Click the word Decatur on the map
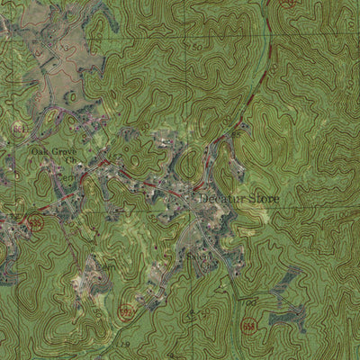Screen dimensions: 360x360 pyautogui.click(x=221, y=198)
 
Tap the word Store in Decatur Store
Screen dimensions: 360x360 pyautogui.click(x=264, y=198)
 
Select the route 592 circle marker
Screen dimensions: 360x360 pyautogui.click(x=125, y=313)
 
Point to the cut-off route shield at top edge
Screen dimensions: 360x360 pyautogui.click(x=288, y=3)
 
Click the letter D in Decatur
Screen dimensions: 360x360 pyautogui.click(x=203, y=198)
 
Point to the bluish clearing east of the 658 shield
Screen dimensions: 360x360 pyautogui.click(x=290, y=315)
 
